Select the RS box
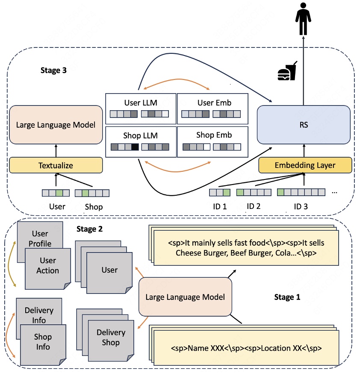click(x=303, y=125)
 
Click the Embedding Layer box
click(x=305, y=165)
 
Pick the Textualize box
click(x=56, y=164)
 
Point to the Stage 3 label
click(x=53, y=70)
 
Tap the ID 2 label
click(x=254, y=206)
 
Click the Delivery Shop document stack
click(x=110, y=338)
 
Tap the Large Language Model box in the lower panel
click(x=185, y=297)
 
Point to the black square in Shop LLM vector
click(x=135, y=147)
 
